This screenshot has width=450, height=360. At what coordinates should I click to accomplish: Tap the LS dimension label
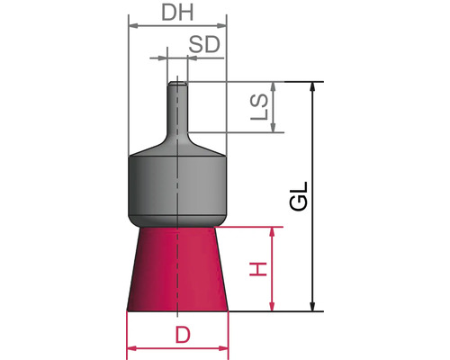point(258,107)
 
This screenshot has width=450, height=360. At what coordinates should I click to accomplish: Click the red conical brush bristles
point(181,269)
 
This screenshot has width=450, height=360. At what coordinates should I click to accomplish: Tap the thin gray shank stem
point(178,112)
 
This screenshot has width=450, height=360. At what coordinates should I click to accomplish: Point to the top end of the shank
point(178,84)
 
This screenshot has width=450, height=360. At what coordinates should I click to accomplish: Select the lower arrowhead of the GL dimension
point(313,306)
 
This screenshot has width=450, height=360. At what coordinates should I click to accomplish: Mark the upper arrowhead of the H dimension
point(273,232)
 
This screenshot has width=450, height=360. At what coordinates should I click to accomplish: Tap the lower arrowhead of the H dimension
point(273,306)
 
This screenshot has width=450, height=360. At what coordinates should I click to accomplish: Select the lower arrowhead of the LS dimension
point(274,128)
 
